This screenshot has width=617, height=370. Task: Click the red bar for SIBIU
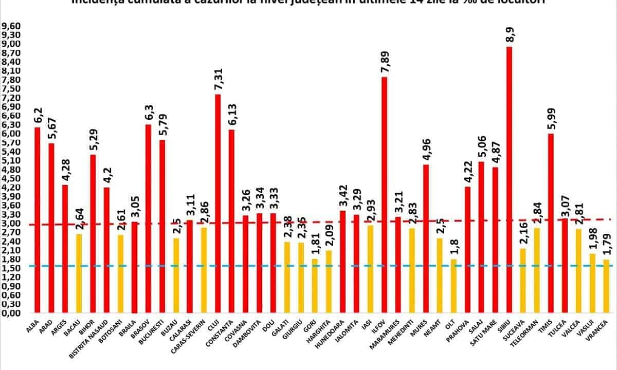click(x=509, y=180)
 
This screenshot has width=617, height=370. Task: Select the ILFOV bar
click(x=384, y=195)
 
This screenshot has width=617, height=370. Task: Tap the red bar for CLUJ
click(x=218, y=203)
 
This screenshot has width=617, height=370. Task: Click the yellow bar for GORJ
click(x=315, y=286)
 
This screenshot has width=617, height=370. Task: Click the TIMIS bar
click(x=551, y=223)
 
